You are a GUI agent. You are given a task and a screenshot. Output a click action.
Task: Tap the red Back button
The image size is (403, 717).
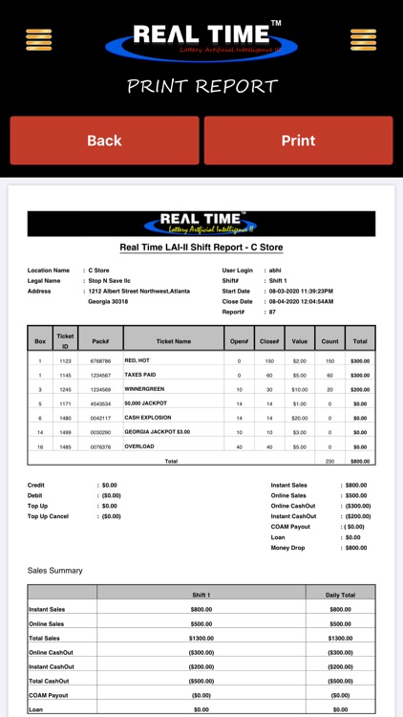(x=104, y=141)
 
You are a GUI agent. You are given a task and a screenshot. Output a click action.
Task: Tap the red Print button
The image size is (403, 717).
(x=298, y=141)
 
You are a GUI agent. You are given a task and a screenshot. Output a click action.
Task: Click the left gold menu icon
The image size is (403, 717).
(x=39, y=39)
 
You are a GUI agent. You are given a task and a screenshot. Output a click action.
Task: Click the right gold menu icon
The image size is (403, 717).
(x=363, y=39)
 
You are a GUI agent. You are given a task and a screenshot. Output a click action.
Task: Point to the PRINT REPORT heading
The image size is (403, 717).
(x=201, y=87)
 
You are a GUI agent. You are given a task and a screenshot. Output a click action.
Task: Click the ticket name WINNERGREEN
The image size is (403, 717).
(x=144, y=389)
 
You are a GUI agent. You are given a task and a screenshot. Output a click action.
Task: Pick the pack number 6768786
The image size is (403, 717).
(x=101, y=361)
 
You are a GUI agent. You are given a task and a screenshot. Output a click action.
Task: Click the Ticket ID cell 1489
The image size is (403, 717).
(x=66, y=432)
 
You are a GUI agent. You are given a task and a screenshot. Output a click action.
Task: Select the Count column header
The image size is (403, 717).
(x=329, y=339)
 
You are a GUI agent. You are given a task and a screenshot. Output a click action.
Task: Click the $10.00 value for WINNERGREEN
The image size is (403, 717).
(x=299, y=390)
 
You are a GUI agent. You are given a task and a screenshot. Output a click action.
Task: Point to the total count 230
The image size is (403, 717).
(x=329, y=461)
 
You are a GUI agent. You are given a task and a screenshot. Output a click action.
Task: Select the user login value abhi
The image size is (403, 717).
(x=276, y=271)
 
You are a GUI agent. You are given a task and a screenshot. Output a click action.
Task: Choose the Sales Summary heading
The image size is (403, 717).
(x=55, y=571)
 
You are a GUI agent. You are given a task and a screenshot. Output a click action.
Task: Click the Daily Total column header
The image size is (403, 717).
(x=340, y=594)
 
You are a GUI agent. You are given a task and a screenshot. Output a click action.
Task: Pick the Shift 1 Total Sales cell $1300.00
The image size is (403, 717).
(x=201, y=638)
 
